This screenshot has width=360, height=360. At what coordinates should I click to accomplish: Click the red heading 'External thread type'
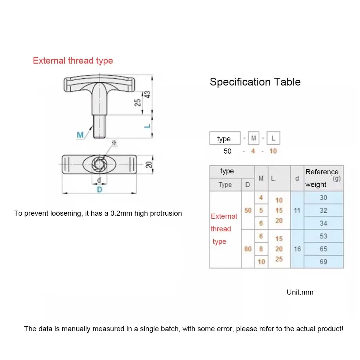coord(73,61)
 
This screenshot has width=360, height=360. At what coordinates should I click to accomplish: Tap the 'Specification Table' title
coord(255,82)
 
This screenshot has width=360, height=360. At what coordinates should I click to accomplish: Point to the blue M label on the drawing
coord(80,135)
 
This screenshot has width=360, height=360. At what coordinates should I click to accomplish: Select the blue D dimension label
coord(99,190)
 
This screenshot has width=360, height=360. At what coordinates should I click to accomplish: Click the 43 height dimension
coord(147,94)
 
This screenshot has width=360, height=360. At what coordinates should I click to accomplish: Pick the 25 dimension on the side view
coord(137,103)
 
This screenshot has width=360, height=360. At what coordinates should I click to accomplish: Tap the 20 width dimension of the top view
coord(149,164)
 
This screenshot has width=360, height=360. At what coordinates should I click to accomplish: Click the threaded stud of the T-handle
coord(99,126)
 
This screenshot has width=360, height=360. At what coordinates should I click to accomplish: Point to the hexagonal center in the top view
coord(99,164)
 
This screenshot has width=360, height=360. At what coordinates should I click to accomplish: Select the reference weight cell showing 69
coord(323,262)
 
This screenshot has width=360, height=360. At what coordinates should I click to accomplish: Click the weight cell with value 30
coord(323,197)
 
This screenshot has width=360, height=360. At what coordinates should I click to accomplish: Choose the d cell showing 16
coord(297,249)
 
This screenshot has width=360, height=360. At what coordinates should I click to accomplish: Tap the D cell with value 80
coord(248,249)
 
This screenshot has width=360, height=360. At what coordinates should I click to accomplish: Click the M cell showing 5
coord(261,210)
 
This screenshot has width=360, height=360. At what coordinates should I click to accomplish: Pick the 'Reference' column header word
coord(322,172)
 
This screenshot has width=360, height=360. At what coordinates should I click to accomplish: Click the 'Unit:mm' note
coord(300,292)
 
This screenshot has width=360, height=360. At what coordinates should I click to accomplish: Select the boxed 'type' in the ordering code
coord(224,139)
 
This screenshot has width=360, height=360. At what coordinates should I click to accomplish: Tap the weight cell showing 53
coord(323,236)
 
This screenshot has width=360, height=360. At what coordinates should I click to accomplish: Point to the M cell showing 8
coord(261,249)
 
